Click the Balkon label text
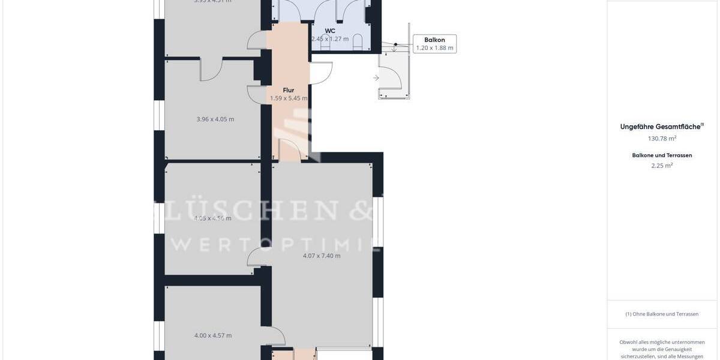tap(434, 40)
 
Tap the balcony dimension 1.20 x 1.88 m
tap(434, 48)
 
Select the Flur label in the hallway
tap(289, 91)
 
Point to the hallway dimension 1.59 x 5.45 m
tap(289, 98)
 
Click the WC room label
tap(330, 31)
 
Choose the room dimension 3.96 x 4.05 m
tap(215, 119)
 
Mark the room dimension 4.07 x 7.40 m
tap(322, 256)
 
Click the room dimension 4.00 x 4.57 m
tap(213, 335)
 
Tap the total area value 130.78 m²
tap(662, 139)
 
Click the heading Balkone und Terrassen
tap(662, 155)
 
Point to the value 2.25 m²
tap(662, 166)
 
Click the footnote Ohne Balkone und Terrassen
tap(662, 314)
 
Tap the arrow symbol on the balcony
tap(376, 78)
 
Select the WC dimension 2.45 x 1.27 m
tap(330, 39)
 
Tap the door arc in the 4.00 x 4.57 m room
tap(276, 335)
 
